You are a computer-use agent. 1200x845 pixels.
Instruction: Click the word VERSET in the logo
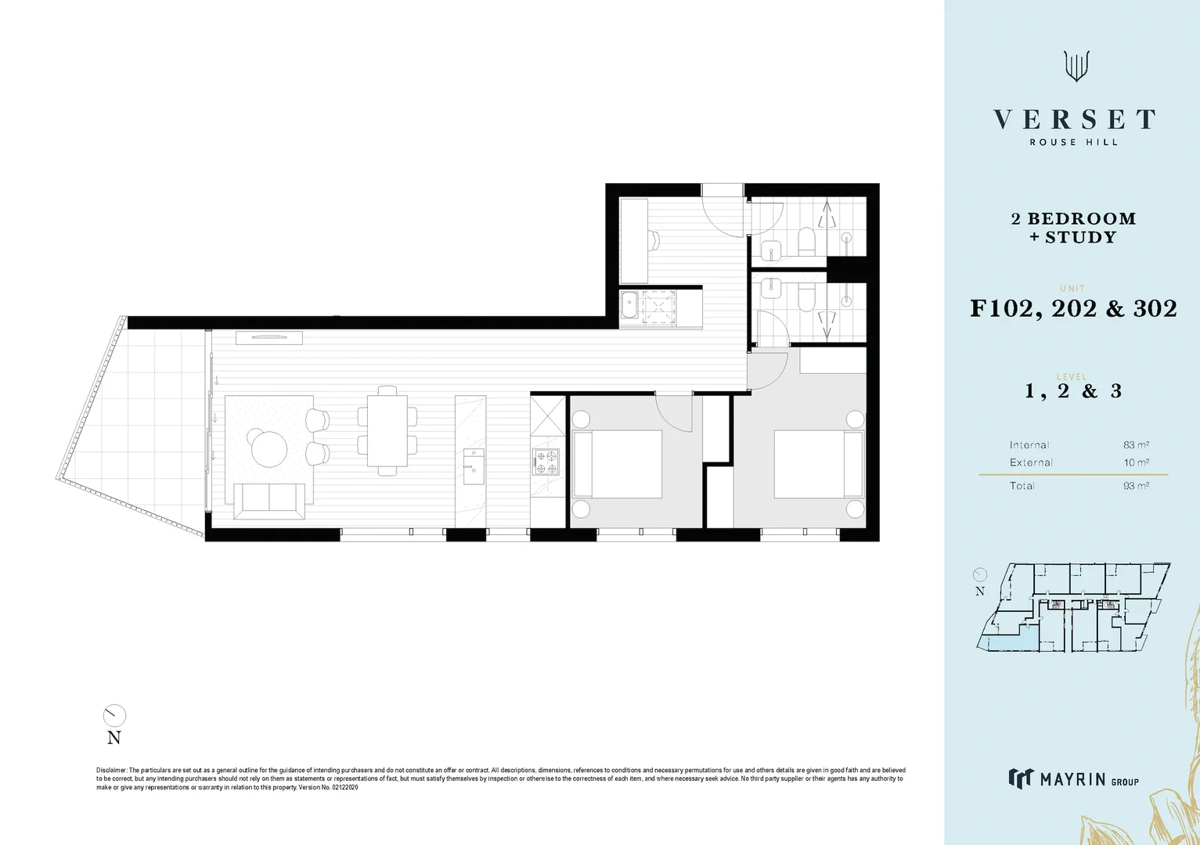pos(1074,120)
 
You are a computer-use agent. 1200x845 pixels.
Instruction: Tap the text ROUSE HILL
pos(1073,142)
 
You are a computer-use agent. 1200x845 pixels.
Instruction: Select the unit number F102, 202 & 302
pos(1073,308)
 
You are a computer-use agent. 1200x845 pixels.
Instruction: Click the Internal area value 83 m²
pos(1136,445)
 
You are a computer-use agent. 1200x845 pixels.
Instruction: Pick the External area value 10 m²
pos(1136,462)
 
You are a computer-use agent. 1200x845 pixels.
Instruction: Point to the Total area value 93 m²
pos(1136,486)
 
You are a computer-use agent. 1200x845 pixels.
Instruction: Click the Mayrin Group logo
pos(1073,778)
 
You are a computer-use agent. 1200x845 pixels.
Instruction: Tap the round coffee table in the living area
pos(267,448)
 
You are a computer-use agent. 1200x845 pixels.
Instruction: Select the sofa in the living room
pos(269,501)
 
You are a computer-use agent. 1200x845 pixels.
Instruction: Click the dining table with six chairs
pos(387,431)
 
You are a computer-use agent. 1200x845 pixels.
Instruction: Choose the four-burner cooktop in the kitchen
pos(546,462)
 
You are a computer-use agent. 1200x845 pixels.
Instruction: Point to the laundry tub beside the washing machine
pos(630,307)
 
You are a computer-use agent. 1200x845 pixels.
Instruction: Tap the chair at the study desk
pos(654,239)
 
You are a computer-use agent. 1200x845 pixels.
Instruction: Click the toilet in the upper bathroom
pos(806,241)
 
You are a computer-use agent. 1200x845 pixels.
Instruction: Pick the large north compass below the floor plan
pos(114,715)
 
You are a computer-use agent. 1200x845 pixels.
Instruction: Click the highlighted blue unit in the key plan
pos(1006,642)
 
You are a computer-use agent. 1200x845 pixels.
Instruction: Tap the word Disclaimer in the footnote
pos(111,771)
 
